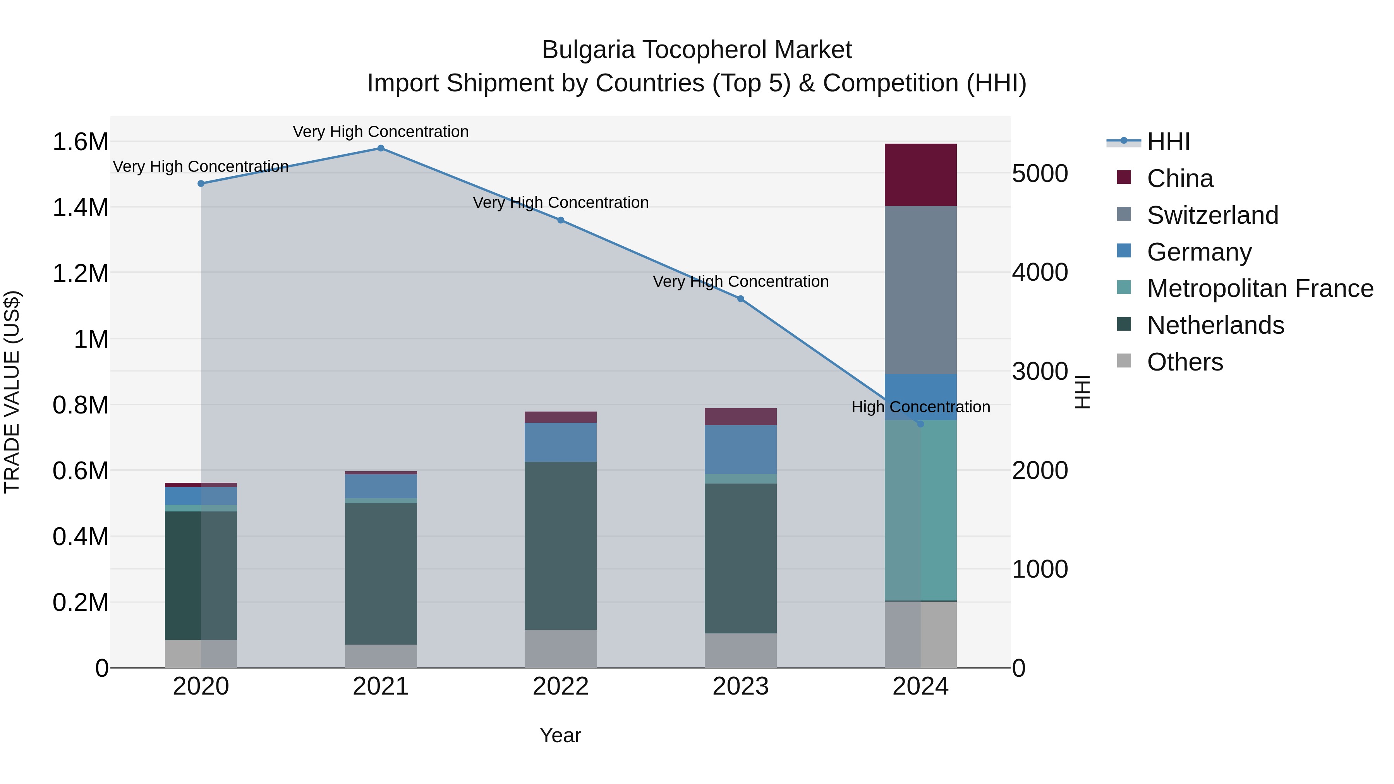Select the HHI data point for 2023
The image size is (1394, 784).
(740, 299)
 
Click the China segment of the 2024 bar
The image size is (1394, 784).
(920, 175)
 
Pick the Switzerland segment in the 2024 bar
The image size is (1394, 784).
(920, 290)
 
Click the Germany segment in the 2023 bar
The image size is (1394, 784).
(740, 449)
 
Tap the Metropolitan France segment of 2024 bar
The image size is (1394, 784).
(920, 510)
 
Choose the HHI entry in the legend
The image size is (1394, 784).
(1168, 142)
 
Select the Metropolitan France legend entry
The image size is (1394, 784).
(1260, 288)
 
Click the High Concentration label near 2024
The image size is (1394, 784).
(920, 407)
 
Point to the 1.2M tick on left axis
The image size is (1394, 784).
(80, 273)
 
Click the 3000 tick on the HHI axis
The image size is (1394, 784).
(1040, 372)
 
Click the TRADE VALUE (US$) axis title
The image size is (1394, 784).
(12, 392)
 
